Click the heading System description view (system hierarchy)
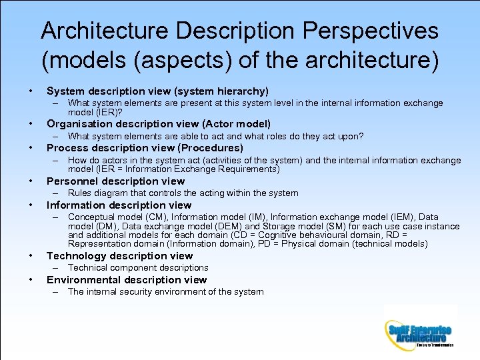pos(157,91)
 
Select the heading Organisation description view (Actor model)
pos(159,124)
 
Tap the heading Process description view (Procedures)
pos(145,148)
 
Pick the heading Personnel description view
pos(115,181)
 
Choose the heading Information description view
pos(119,205)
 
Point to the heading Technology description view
pos(119,256)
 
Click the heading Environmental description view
pos(127,280)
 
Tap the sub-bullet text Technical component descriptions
pos(138,268)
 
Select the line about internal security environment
pos(165,292)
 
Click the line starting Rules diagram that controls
pos(183,193)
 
